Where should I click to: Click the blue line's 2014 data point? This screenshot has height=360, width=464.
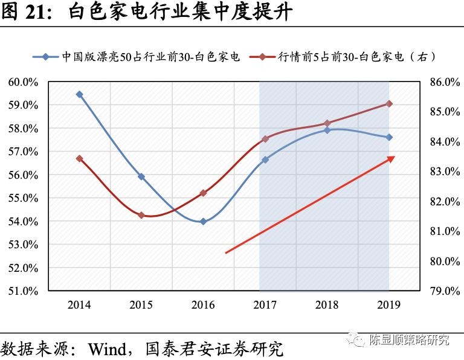[x=79, y=94]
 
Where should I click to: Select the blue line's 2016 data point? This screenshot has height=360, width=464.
[x=203, y=222]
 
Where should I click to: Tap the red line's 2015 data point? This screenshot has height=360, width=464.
[x=141, y=215]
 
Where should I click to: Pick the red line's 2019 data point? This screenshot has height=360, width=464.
[x=389, y=104]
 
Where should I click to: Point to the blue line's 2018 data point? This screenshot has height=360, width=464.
[x=327, y=130]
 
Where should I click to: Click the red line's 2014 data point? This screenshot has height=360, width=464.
[x=79, y=158]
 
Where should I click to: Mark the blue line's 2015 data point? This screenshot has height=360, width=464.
[x=141, y=176]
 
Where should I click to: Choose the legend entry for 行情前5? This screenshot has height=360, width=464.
[x=356, y=57]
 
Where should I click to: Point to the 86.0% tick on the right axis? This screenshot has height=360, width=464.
[x=444, y=82]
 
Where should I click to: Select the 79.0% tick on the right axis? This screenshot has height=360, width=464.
[x=444, y=291]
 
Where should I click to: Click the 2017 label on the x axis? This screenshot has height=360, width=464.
[x=265, y=305]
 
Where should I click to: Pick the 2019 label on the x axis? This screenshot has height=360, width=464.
[x=389, y=305]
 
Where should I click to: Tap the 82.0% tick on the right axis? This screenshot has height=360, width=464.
[x=444, y=201]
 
